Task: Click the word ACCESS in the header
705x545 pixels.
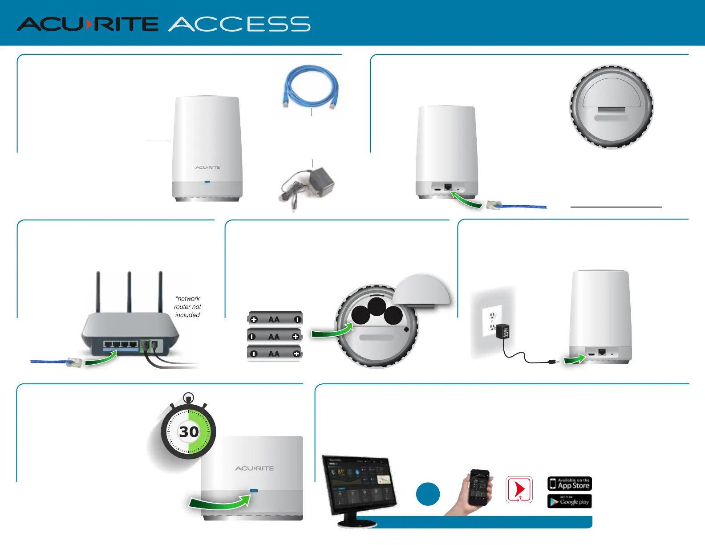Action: pos(239,24)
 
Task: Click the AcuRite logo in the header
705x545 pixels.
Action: pos(88,24)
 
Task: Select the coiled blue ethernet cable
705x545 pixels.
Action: pos(311,87)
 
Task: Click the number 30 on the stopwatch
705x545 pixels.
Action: pos(189,431)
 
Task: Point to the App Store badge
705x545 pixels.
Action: pos(569,484)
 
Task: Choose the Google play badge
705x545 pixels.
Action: pos(569,501)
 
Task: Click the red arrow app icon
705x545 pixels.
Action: pos(519,489)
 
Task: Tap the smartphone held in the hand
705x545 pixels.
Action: pos(480,487)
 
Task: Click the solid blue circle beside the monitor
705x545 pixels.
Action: pos(428,494)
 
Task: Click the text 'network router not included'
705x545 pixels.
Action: pos(187,307)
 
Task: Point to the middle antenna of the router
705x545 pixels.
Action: pos(129,292)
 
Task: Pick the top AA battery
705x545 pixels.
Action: pos(275,319)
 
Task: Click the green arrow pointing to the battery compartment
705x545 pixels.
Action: pos(332,331)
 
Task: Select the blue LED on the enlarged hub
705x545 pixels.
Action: pos(254,491)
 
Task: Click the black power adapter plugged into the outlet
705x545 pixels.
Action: pos(502,332)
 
